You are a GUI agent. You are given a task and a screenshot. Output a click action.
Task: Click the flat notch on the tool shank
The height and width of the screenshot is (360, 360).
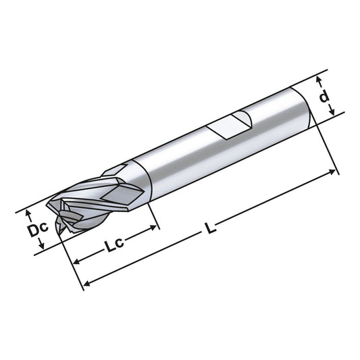tap(229, 126)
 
